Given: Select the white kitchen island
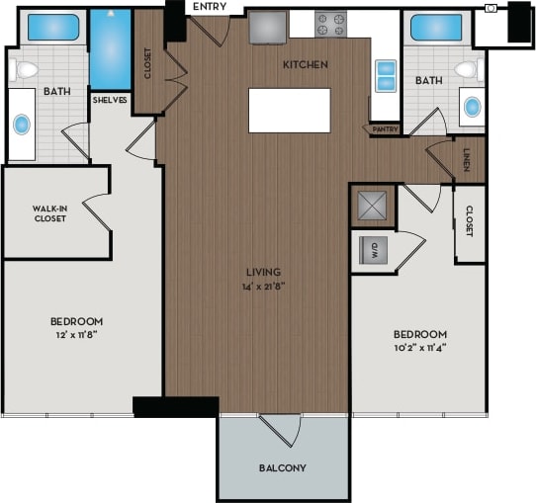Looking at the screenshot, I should coord(289,110).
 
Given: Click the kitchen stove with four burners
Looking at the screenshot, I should coord(331,25).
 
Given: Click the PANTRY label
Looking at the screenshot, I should coord(385,128).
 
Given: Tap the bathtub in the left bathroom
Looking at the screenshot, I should coord(46,27).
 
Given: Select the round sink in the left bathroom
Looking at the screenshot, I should coord(22,125).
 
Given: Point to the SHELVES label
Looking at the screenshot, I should coord(109,100).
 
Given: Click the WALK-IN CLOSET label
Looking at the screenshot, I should coord(48,213).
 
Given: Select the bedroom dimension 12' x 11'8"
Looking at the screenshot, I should coord(76,336).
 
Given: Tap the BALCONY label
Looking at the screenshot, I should coord(282,467).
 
